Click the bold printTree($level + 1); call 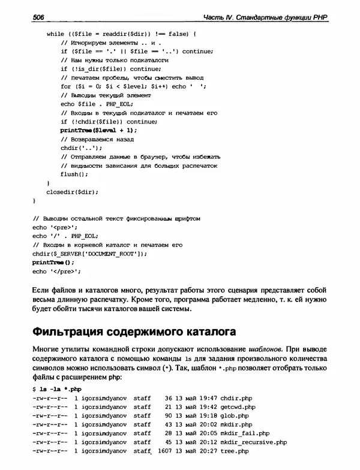[99, 130]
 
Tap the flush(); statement [74, 174]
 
